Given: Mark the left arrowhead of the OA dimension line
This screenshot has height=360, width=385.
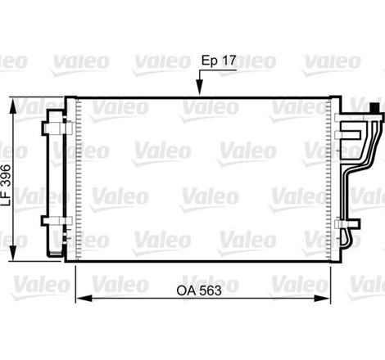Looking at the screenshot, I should click(x=80, y=297).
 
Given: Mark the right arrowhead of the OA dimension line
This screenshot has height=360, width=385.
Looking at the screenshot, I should click(x=330, y=297).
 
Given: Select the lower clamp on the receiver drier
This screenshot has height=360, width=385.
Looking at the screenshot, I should click(x=55, y=223).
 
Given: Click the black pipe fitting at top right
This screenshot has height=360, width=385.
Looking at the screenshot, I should click(x=376, y=110).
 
